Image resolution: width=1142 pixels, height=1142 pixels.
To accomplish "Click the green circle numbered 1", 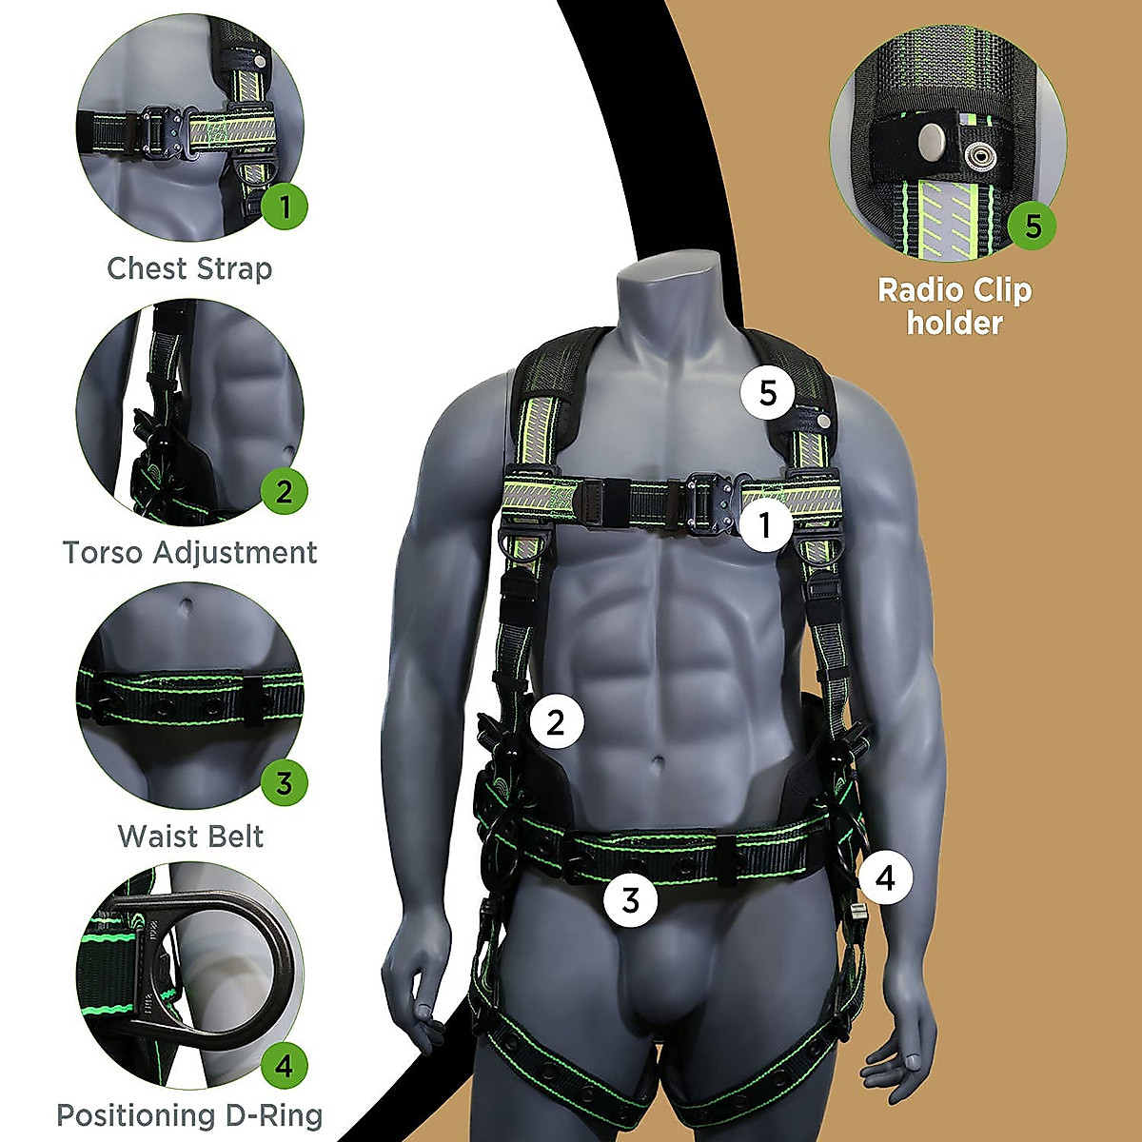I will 285,205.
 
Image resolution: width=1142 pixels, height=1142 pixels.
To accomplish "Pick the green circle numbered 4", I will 285,1065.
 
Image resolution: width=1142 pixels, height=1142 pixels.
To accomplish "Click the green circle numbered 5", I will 1033,226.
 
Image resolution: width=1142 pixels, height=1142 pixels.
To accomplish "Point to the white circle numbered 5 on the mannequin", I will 769,392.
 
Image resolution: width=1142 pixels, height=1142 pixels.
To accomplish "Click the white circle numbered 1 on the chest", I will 765,522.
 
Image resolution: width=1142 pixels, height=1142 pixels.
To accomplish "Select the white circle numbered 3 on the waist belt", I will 631,898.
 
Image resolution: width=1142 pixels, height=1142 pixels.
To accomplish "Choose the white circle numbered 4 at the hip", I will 885,876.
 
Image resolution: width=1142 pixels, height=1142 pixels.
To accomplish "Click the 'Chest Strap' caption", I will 189,268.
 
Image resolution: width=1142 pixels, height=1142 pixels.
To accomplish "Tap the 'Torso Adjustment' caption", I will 189,552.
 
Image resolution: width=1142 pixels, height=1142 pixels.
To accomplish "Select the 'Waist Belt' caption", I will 190,837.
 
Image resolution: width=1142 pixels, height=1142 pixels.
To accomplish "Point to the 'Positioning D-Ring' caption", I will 189,1114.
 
